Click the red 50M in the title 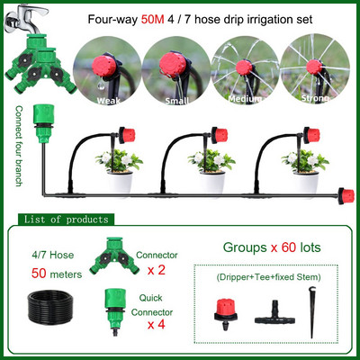[x=152, y=20]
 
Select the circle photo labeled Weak [x=107, y=70]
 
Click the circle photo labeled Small [x=176, y=70]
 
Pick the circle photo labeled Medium [x=245, y=70]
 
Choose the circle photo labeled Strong [x=315, y=69]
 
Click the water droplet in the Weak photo [x=102, y=85]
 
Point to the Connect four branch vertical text [x=19, y=146]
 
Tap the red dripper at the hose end [x=342, y=196]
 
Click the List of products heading [x=66, y=220]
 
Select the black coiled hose [x=50, y=307]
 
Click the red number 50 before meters [x=39, y=274]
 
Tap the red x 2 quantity [x=156, y=270]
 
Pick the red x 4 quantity [x=156, y=325]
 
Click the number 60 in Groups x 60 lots [x=289, y=247]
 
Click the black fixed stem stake [x=311, y=312]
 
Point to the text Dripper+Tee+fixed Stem [x=268, y=277]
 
